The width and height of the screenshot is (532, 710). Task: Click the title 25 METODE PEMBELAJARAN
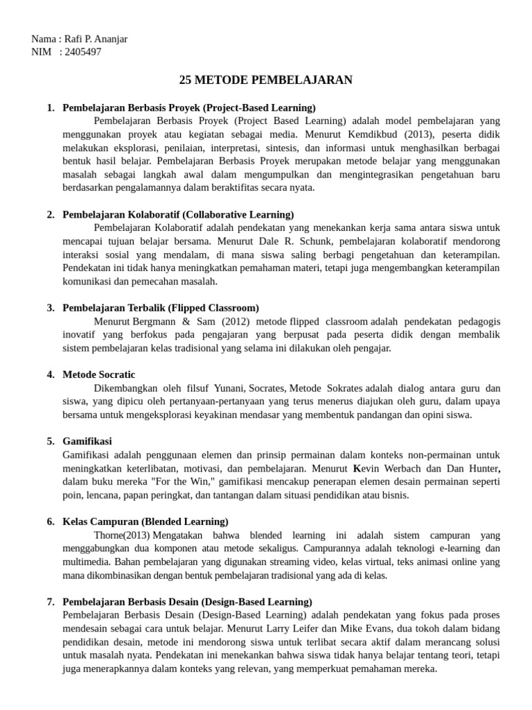point(265,80)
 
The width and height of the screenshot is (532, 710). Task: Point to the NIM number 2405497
point(82,51)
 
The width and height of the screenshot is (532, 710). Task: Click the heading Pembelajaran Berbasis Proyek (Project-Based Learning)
point(188,107)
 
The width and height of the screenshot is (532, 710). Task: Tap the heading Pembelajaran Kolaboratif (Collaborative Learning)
point(178,214)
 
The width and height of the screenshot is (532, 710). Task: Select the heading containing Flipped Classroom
point(161,307)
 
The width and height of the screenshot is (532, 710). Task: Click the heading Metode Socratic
point(99,374)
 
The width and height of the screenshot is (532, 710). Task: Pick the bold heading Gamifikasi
point(87,441)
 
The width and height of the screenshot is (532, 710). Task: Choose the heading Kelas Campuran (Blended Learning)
point(145,521)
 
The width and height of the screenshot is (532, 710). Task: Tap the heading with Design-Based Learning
point(187,601)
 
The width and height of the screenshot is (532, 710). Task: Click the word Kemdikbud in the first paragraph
point(390,135)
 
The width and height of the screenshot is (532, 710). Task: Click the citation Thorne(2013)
point(121,535)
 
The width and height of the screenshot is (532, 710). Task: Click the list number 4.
point(51,374)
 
